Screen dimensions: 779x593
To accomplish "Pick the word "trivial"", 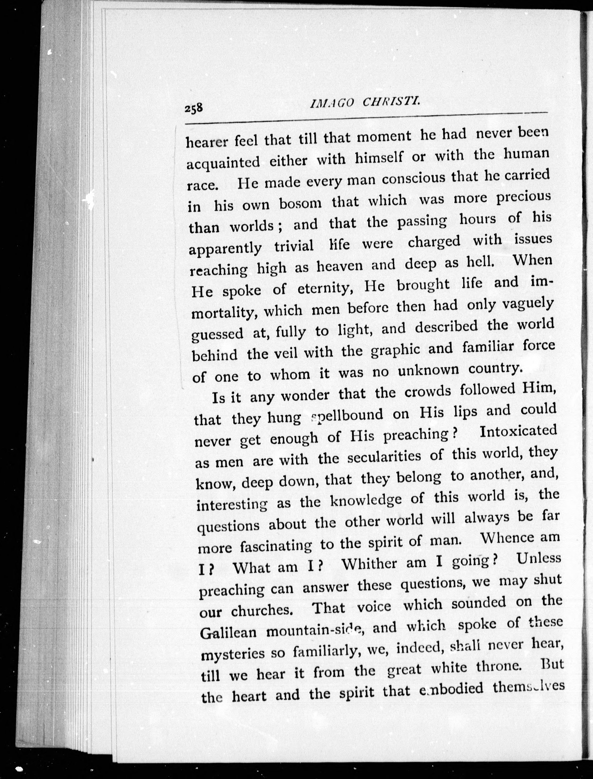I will [294, 246].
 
